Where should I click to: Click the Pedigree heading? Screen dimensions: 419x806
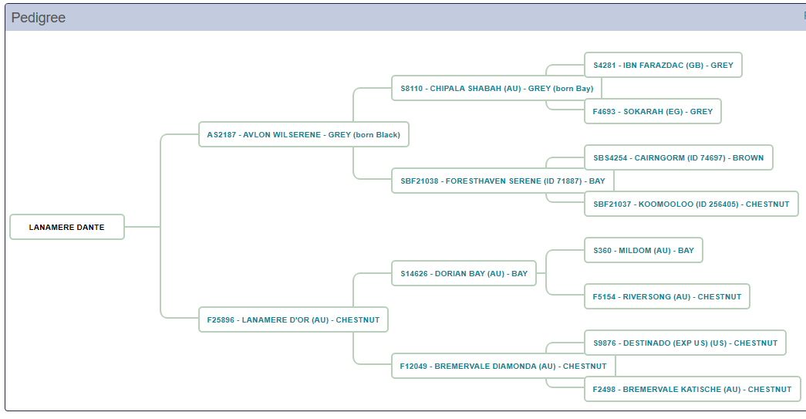[x=39, y=18]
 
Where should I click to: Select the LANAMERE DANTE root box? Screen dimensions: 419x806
[x=66, y=227]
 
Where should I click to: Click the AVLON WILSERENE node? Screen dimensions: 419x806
[x=303, y=134]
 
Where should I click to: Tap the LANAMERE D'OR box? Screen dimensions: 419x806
[x=293, y=319]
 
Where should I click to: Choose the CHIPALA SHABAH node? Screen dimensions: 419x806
[x=497, y=88]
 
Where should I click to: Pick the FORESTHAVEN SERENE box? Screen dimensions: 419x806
[x=502, y=181]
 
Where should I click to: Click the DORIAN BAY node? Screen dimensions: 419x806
[x=464, y=273]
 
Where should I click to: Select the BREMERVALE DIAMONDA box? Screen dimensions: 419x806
[x=503, y=366]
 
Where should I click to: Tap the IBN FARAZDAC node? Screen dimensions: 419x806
[x=663, y=65]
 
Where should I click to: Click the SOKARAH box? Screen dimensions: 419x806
[x=653, y=111]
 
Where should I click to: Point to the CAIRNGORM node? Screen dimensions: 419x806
[x=678, y=157]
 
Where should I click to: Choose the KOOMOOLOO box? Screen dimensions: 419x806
[x=691, y=204]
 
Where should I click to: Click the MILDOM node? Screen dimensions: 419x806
[x=643, y=250]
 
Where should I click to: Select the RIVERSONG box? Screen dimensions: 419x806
[x=666, y=296]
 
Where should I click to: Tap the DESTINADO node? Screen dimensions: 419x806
[x=685, y=343]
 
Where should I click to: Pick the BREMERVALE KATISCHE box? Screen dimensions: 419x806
[x=692, y=389]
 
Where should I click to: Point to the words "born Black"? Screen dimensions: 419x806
[x=377, y=134]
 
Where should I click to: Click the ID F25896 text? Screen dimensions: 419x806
[x=221, y=319]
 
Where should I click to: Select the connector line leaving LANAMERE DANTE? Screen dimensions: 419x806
[x=142, y=227]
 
